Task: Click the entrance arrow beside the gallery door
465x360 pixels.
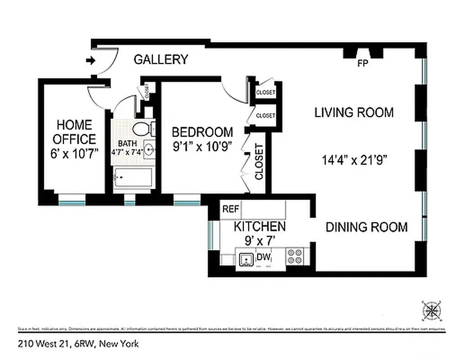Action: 91,60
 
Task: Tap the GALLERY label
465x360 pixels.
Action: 161,59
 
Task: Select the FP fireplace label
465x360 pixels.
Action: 362,63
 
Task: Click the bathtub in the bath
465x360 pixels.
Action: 132,179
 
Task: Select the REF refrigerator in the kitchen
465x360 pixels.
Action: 231,209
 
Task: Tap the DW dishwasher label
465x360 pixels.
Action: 264,257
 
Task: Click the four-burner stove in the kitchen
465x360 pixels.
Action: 295,256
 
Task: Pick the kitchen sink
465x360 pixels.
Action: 246,260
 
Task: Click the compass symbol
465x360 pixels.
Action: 432,310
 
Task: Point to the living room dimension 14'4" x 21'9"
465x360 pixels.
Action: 355,159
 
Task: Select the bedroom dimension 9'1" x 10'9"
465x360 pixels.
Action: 202,147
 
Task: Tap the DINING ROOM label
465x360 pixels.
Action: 367,227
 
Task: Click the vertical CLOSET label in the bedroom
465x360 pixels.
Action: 259,162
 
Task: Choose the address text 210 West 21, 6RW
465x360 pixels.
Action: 78,344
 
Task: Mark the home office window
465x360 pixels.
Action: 72,199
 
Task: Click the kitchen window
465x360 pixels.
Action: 210,234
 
